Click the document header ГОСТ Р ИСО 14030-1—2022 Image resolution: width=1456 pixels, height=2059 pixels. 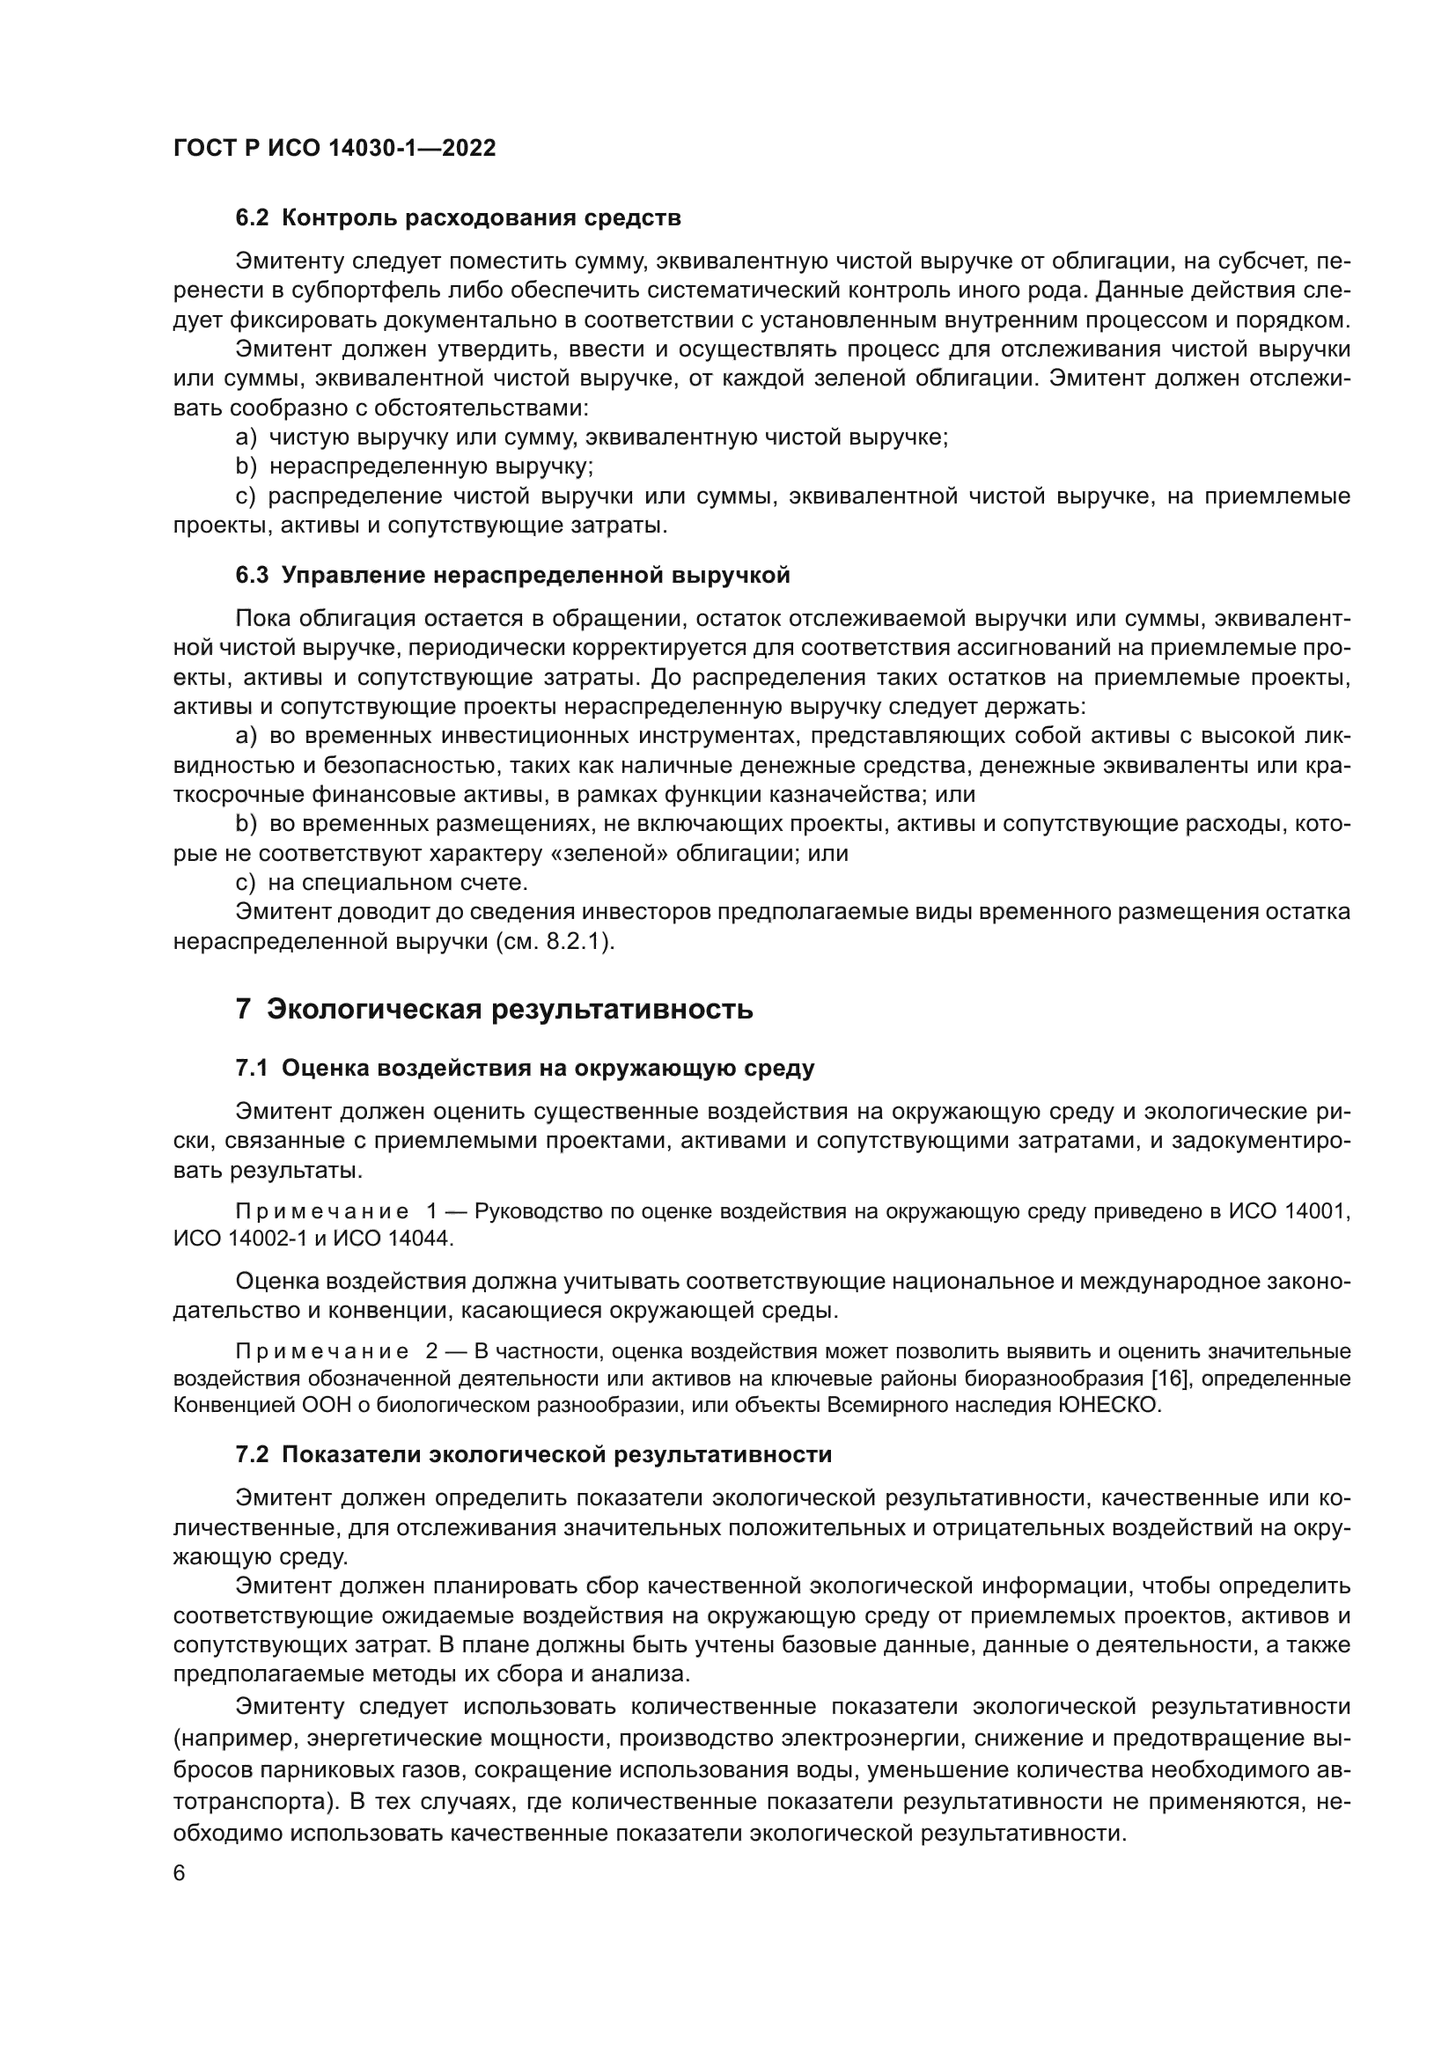click(335, 148)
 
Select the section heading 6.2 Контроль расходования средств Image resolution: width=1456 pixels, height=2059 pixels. click(458, 218)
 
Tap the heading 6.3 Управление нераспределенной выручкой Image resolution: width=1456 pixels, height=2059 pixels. click(513, 575)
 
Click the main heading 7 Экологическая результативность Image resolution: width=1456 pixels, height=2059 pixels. click(494, 1009)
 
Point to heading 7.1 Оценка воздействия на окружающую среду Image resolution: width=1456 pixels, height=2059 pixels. click(525, 1068)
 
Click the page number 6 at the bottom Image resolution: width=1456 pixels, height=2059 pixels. click(180, 1873)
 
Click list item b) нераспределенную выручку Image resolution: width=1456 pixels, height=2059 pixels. click(415, 467)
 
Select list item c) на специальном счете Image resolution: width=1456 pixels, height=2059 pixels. click(382, 882)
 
